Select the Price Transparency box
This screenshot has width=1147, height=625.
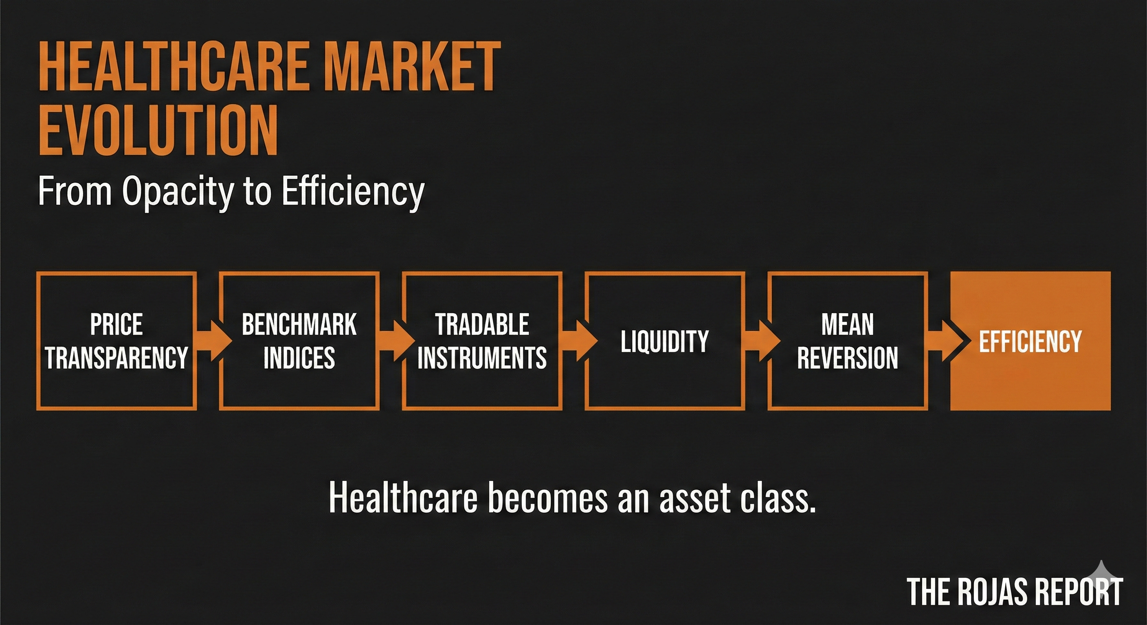coord(116,341)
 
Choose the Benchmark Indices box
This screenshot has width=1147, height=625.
coord(299,341)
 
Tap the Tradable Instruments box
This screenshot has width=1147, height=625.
coord(482,341)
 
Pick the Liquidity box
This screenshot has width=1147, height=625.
coord(665,341)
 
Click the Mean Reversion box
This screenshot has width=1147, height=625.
coord(848,341)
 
